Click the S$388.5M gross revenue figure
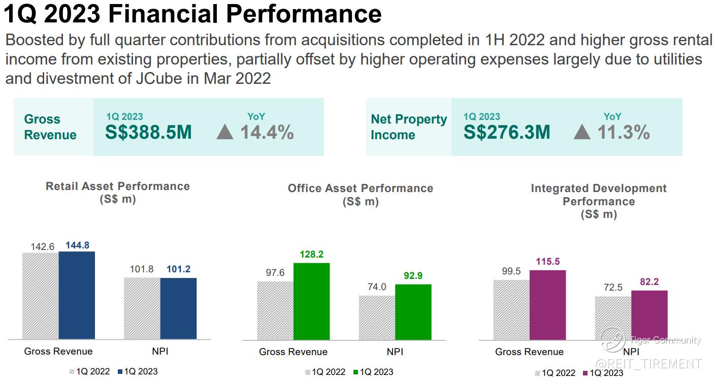click(148, 132)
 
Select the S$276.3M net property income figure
click(507, 132)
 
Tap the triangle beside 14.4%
click(224, 133)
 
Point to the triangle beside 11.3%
click(582, 133)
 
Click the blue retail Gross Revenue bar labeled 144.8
click(77, 295)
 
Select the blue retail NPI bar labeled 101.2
click(178, 308)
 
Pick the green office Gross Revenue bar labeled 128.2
click(311, 301)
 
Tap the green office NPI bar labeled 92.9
click(413, 312)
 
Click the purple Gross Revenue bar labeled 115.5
click(547, 305)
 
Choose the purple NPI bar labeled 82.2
click(649, 315)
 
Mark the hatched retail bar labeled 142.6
click(41, 296)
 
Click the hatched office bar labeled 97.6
click(275, 310)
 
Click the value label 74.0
click(377, 287)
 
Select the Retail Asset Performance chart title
click(118, 186)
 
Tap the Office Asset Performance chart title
click(361, 188)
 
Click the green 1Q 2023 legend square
click(355, 372)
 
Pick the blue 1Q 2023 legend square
click(120, 372)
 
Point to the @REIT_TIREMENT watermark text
click(648, 364)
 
